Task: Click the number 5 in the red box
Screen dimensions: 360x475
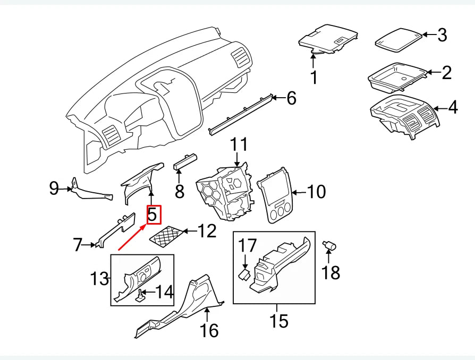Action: pos(152,215)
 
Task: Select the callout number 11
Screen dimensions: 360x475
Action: pos(239,144)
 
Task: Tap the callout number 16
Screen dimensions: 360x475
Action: pos(209,330)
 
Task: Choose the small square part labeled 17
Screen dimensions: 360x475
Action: pos(245,273)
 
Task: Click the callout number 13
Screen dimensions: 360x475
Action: pos(99,278)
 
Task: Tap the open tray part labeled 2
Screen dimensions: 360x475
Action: pos(396,77)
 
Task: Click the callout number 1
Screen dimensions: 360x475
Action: pos(314,77)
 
